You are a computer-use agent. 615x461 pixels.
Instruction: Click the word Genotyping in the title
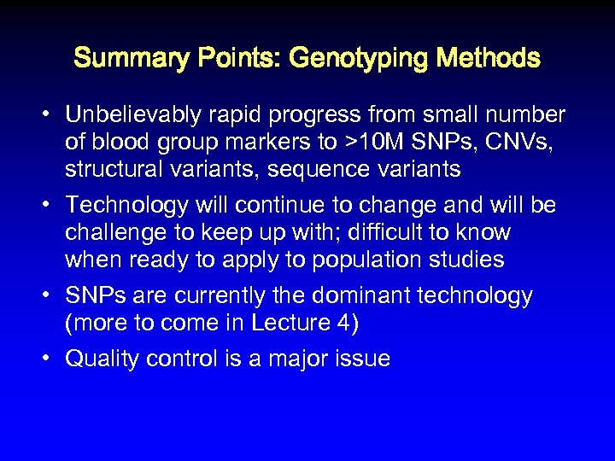click(x=359, y=59)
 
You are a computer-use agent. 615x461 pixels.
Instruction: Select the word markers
click(x=272, y=142)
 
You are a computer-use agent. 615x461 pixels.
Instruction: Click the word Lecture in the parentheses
click(x=286, y=323)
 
